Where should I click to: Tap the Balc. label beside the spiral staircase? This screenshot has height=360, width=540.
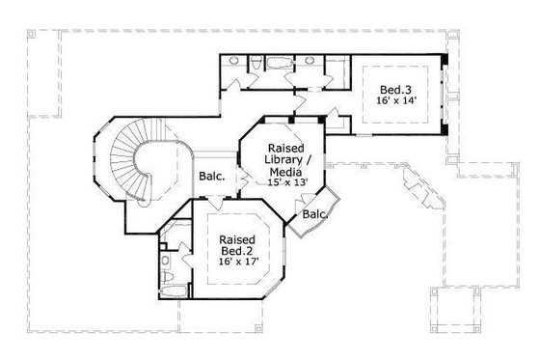(x=212, y=177)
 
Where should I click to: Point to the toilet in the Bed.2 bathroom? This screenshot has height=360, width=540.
(x=165, y=261)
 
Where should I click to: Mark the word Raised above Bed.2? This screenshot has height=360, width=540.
(x=236, y=238)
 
